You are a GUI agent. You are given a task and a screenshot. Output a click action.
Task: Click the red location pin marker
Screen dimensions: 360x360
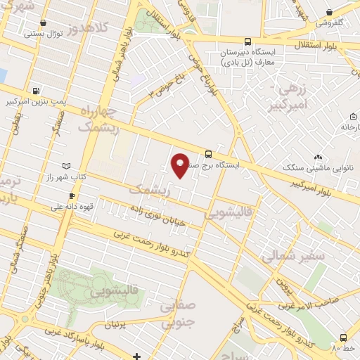[180, 165]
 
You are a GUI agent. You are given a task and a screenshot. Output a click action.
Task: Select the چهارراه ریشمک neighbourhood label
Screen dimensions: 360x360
[96, 120]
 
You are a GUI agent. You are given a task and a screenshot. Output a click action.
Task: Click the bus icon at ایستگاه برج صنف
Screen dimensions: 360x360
[208, 154]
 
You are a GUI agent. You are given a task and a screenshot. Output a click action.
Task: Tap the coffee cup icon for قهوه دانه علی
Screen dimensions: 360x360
[71, 196]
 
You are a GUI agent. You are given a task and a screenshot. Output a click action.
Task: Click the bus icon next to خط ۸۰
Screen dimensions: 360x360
[343, 338]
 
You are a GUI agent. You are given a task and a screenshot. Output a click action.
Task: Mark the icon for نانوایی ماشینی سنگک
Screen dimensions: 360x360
[319, 157]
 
